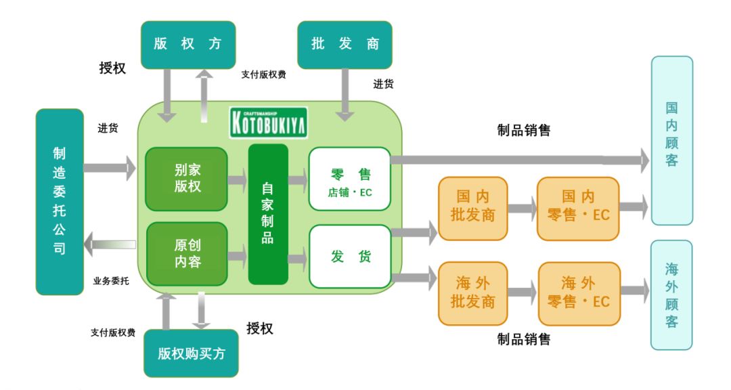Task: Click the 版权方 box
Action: click(x=187, y=45)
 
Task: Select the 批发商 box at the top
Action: click(x=345, y=45)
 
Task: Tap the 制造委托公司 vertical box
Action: click(x=60, y=202)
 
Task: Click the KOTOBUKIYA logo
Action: click(x=268, y=123)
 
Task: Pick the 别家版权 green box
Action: click(x=187, y=179)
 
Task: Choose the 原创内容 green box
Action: click(x=187, y=254)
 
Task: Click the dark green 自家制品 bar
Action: click(x=268, y=214)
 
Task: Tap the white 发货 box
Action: click(x=350, y=257)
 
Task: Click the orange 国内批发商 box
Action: click(x=472, y=208)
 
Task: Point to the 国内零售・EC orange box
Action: click(x=577, y=208)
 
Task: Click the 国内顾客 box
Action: click(x=671, y=140)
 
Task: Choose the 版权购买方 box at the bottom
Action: click(x=191, y=353)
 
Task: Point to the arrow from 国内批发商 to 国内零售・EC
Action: click(x=521, y=208)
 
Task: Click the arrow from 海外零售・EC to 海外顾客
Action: click(x=634, y=291)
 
